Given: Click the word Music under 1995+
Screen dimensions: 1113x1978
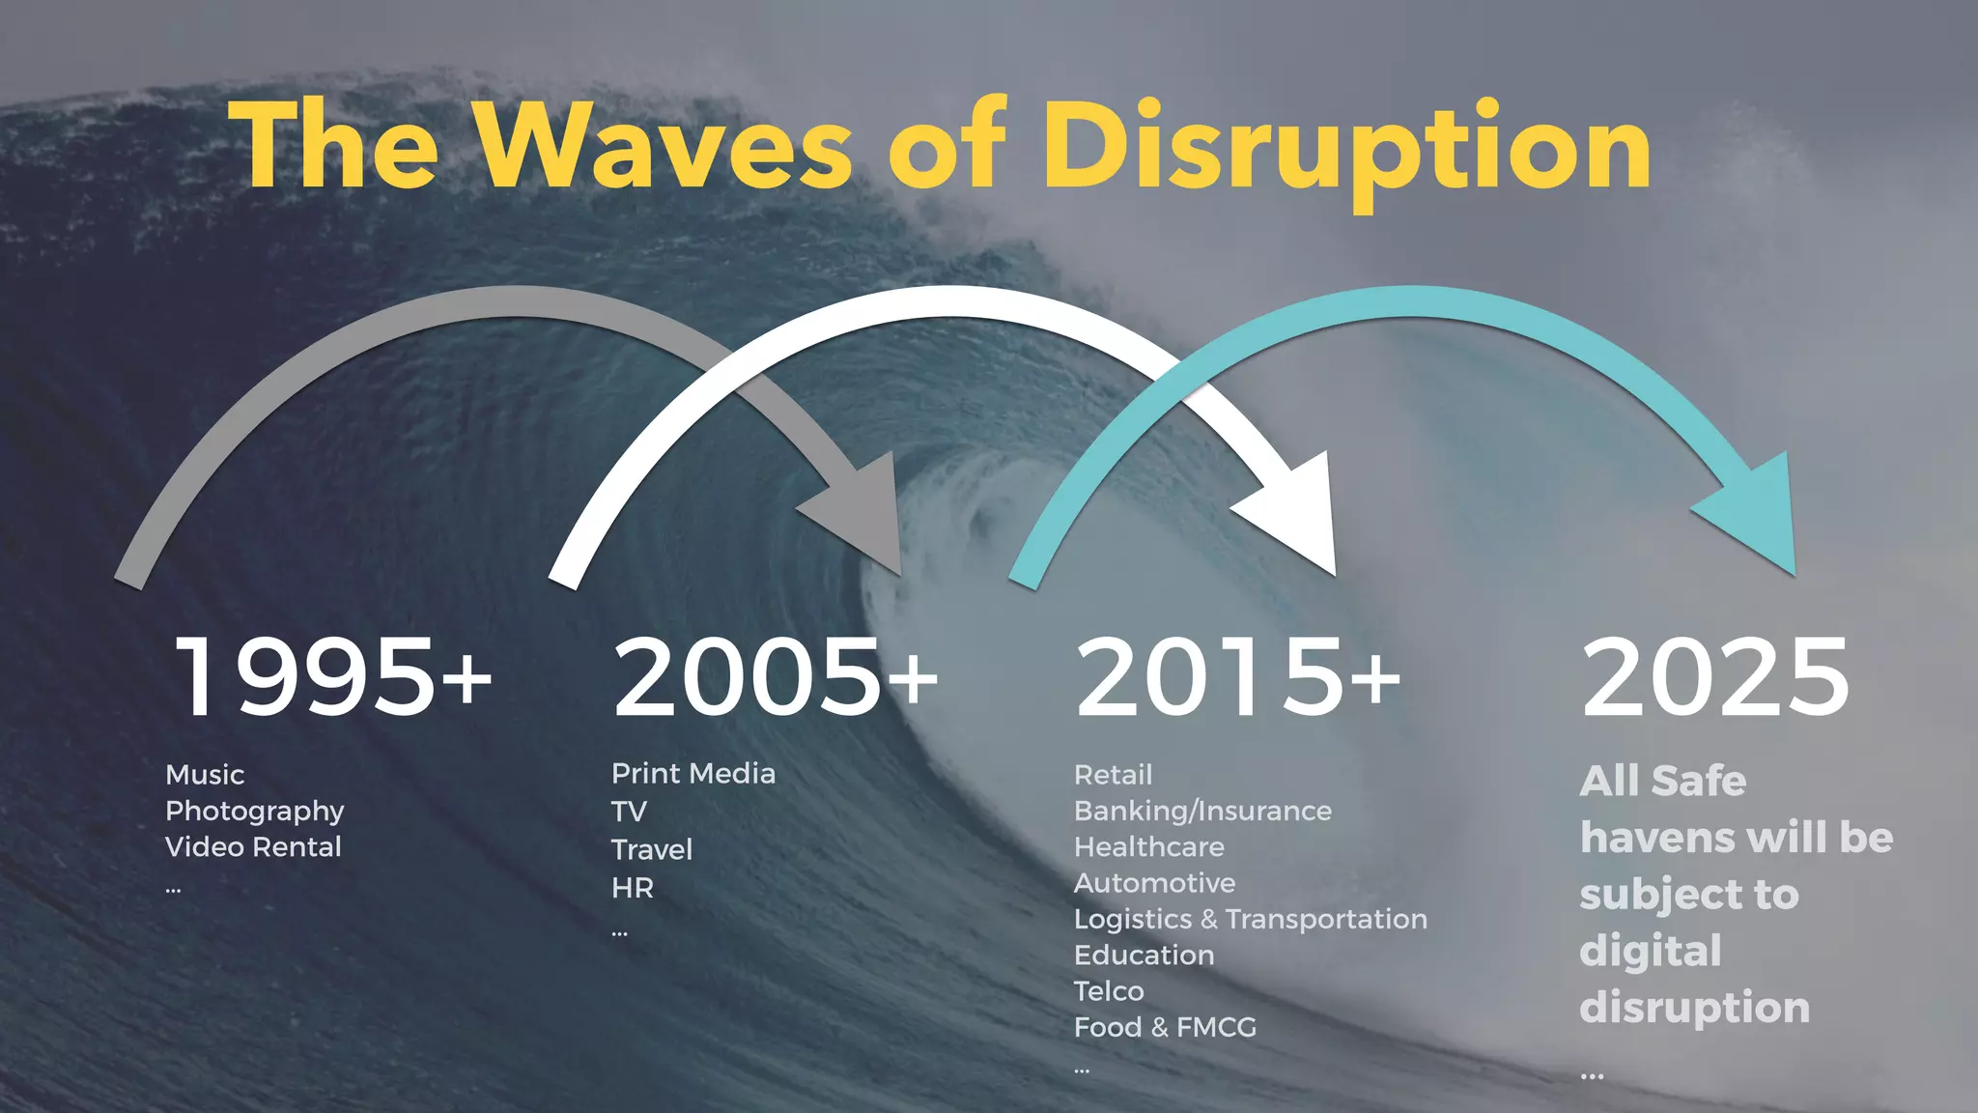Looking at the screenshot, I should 205,775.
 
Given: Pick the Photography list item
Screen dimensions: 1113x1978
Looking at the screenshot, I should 254,811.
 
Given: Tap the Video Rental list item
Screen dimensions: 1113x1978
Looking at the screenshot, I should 253,847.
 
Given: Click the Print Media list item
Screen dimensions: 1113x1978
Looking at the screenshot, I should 693,774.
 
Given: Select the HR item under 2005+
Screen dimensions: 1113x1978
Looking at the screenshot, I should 633,888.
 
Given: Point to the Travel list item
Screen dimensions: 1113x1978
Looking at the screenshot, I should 652,850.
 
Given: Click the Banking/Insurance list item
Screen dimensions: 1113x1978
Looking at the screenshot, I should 1202,811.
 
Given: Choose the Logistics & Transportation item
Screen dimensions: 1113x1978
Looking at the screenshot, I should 1251,919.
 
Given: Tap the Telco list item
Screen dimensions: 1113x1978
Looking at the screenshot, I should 1109,991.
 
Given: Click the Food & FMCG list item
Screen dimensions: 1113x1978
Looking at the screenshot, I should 1165,1027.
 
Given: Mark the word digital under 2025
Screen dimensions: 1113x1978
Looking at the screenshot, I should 1651,952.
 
